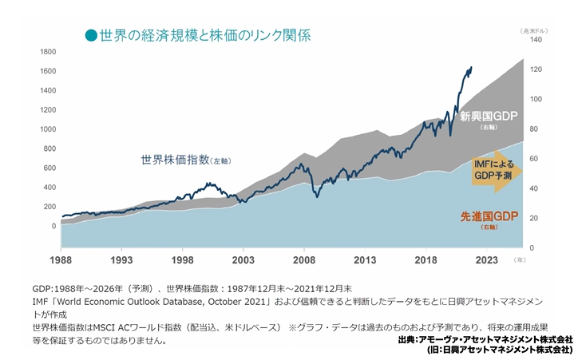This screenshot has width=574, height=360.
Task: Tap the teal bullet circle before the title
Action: point(90,35)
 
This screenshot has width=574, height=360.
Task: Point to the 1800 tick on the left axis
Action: point(47,51)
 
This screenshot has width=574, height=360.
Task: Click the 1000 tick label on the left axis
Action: point(47,129)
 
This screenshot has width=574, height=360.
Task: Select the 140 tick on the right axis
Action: point(536,39)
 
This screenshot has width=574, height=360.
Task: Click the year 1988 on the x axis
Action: point(61,260)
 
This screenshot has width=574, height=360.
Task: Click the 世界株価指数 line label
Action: point(175,159)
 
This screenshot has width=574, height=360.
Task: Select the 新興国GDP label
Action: point(489,117)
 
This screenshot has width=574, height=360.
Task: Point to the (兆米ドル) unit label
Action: point(532,29)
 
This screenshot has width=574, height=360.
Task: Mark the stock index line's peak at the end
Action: point(471,68)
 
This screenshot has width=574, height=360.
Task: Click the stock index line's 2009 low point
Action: point(318,197)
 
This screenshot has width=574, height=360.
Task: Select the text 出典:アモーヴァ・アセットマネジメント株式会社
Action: point(485,339)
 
